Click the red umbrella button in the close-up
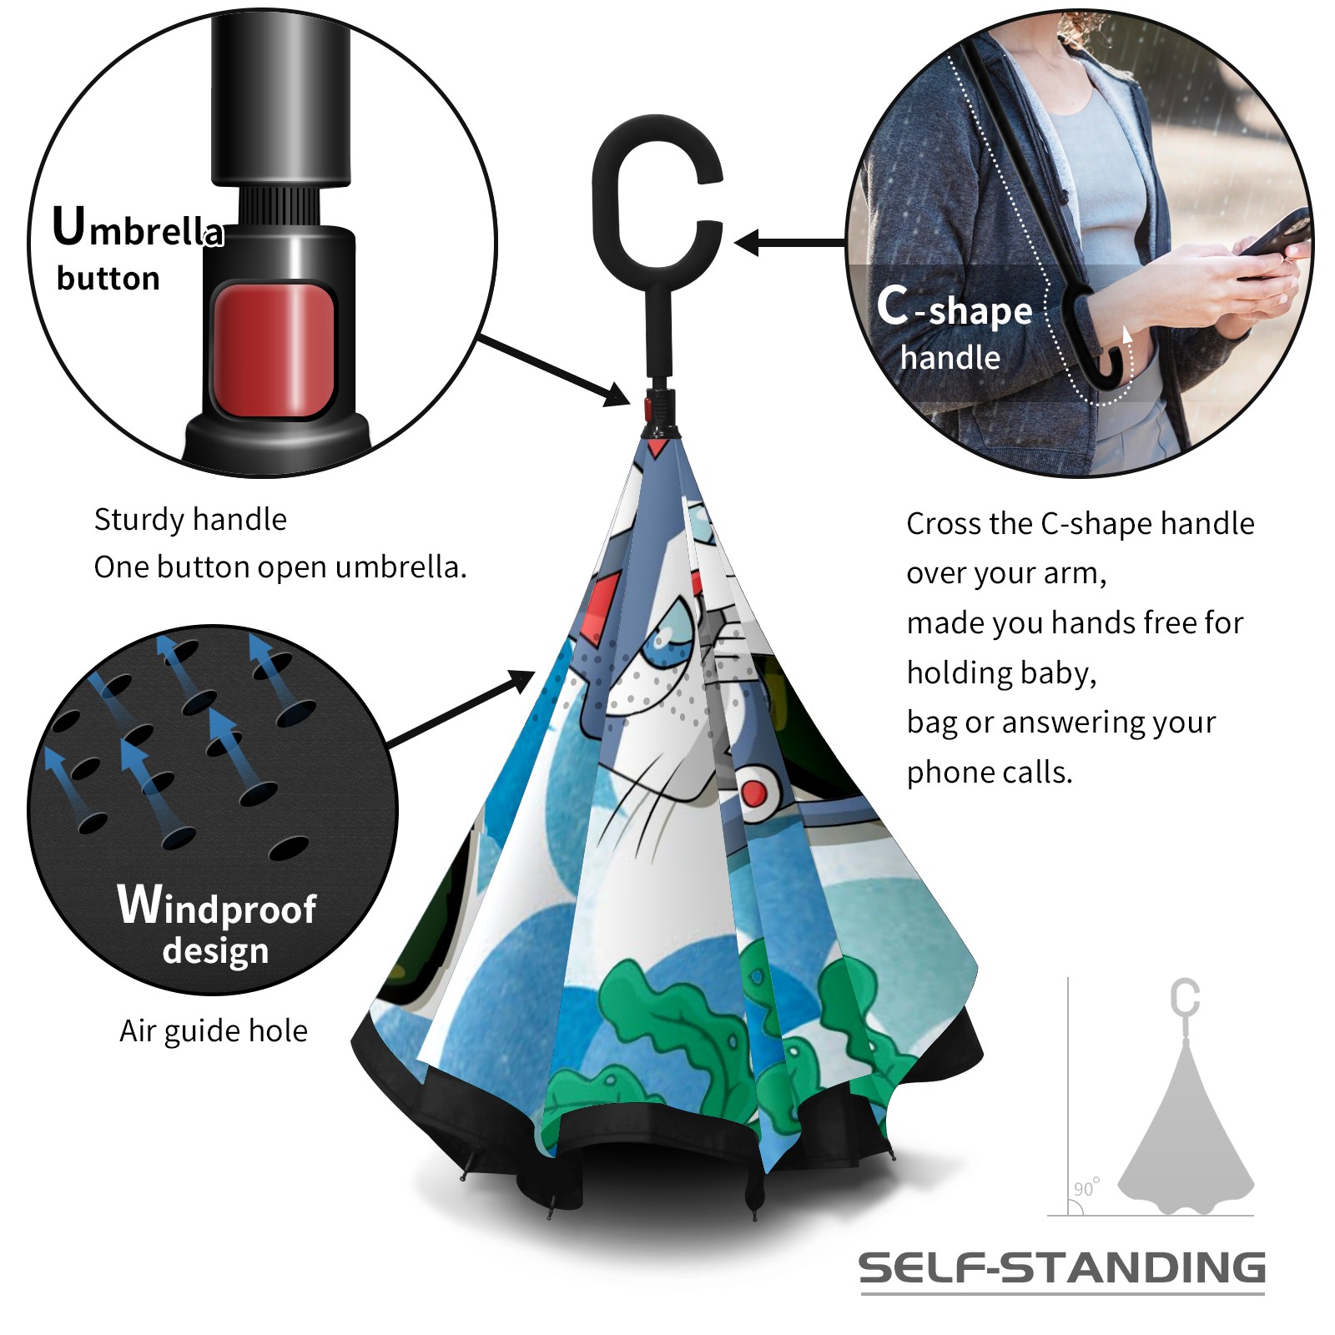274,350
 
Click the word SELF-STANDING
1062,1267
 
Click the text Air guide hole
214,1031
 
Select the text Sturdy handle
190,519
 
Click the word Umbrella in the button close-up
139,227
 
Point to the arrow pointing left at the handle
789,243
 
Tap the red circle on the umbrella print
754,793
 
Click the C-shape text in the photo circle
955,308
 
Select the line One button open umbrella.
280,567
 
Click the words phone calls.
990,773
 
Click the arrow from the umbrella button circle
554,371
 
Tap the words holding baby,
1001,673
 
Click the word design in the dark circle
215,951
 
